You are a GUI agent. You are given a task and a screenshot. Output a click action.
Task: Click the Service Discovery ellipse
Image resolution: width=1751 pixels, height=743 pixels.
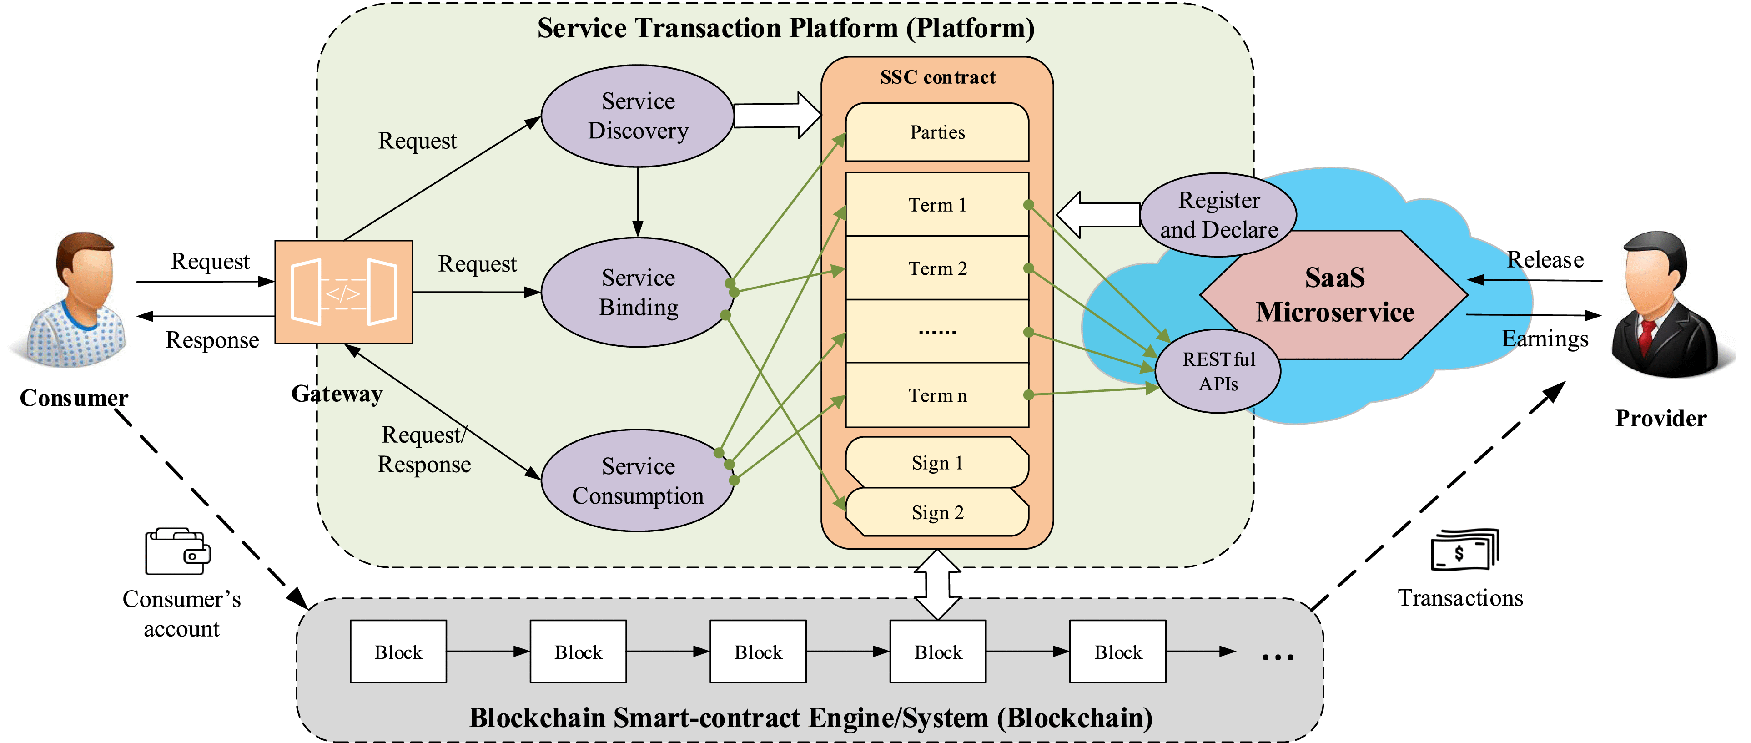click(x=638, y=116)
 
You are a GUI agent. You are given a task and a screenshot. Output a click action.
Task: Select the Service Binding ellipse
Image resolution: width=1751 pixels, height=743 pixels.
click(x=638, y=292)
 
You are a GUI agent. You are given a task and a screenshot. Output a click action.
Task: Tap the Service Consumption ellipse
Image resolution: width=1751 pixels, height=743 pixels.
click(x=638, y=480)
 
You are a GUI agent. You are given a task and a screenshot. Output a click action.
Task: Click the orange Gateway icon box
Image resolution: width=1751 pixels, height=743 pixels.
click(x=344, y=292)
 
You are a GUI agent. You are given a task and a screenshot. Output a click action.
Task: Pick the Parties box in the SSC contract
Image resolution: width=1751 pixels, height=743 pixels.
click(x=937, y=132)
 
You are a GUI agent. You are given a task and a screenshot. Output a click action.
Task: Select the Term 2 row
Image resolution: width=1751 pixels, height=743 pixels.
click(x=937, y=268)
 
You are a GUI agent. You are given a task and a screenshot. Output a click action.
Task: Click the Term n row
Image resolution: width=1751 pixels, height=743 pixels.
click(x=937, y=395)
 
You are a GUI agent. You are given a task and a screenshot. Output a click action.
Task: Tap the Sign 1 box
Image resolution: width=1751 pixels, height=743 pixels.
click(x=937, y=462)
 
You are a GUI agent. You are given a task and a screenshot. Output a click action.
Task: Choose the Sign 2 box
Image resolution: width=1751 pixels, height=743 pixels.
click(x=937, y=513)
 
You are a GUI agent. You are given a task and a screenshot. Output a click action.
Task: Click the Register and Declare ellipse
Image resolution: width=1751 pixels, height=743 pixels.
click(x=1218, y=215)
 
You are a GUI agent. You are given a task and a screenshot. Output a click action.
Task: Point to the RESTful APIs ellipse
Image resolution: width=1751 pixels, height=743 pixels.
click(x=1218, y=371)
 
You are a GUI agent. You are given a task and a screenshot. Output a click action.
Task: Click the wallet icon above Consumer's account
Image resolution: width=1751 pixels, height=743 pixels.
click(x=177, y=551)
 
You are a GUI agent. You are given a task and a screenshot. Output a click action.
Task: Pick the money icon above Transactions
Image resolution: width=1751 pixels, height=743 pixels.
click(x=1465, y=550)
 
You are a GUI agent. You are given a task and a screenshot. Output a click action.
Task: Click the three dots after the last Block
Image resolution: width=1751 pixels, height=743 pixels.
click(x=1277, y=657)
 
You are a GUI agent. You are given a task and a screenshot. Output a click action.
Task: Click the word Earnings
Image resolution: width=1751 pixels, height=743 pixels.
click(x=1545, y=339)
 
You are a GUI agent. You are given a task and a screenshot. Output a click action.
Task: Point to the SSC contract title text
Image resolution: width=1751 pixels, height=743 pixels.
click(x=937, y=77)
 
